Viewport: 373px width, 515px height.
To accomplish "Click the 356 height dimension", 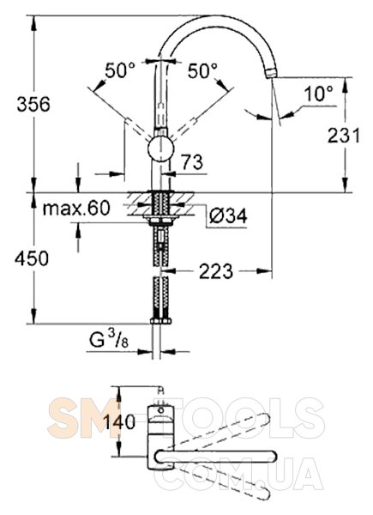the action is [x=33, y=104].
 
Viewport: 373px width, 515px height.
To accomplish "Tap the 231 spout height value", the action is [x=344, y=136].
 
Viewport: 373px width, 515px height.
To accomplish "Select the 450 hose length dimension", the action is [x=32, y=258].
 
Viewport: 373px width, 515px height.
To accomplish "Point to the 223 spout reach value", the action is [x=216, y=271].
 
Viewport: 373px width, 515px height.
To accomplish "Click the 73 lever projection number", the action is [x=192, y=162].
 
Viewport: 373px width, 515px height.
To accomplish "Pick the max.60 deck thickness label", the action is [x=76, y=208].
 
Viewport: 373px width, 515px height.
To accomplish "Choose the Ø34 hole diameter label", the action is [x=228, y=215].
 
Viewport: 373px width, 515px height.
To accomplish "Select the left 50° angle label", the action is [x=120, y=70].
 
